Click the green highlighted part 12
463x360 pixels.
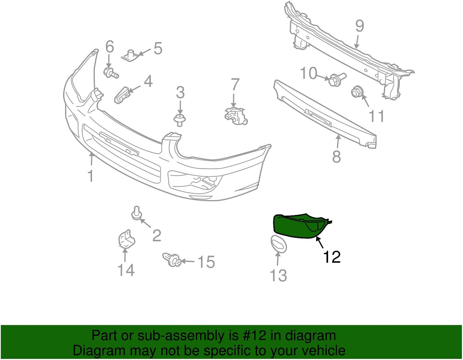tap(296, 227)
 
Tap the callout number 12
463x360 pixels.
tap(332, 257)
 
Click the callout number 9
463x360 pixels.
tap(359, 26)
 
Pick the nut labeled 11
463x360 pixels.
tap(357, 92)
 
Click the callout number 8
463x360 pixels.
tap(336, 156)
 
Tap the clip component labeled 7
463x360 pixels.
tap(236, 117)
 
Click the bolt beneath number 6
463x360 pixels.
tap(111, 73)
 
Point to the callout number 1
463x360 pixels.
tap(90, 176)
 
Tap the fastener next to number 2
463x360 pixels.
tap(136, 214)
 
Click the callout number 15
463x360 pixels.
tap(206, 262)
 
